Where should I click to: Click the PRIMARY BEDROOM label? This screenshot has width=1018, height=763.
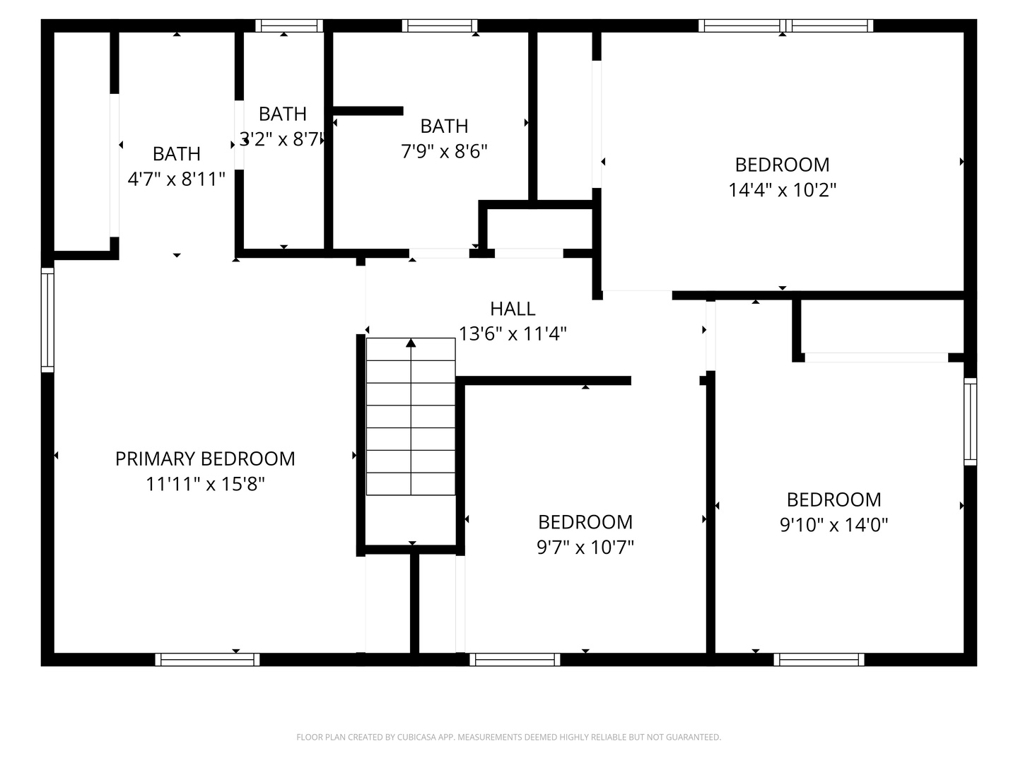click(205, 459)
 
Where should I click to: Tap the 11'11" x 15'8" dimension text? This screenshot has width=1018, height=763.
click(205, 484)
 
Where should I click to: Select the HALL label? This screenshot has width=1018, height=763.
click(513, 309)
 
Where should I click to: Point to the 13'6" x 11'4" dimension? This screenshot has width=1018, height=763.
click(513, 333)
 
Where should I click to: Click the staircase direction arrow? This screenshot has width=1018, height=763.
click(411, 343)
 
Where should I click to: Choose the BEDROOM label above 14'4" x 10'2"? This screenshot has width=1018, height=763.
click(782, 165)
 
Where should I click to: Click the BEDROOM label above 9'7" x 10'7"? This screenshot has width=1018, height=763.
click(585, 522)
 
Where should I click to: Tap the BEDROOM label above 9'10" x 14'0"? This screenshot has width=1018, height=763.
click(833, 499)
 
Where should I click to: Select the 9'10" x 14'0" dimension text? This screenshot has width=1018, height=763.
click(833, 525)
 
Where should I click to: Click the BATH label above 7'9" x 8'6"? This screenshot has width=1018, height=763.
click(444, 126)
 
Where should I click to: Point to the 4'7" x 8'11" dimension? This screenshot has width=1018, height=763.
click(176, 179)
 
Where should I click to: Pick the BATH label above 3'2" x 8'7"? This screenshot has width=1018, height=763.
click(283, 114)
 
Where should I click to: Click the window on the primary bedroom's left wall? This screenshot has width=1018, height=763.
click(47, 320)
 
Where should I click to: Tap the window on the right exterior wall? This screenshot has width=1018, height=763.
click(971, 422)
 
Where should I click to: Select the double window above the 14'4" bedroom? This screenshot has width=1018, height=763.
click(785, 26)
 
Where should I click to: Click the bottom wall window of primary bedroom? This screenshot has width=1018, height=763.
click(207, 660)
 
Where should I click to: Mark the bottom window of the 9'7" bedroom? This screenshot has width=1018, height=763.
click(515, 660)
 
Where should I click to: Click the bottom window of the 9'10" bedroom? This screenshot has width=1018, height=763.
click(819, 660)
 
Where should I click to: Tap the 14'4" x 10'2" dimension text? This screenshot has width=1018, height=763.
click(782, 190)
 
